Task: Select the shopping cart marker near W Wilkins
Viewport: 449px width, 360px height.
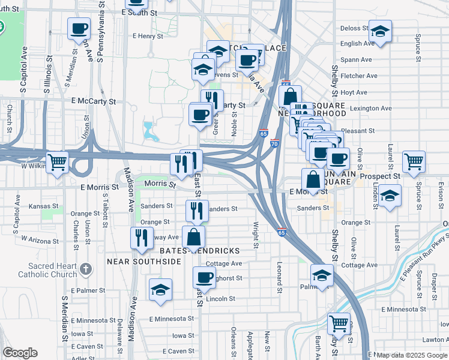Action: click(58, 162)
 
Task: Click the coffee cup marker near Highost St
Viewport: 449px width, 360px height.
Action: click(204, 278)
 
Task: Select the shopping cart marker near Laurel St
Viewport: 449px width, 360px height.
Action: click(414, 161)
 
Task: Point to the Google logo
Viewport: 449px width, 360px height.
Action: click(20, 353)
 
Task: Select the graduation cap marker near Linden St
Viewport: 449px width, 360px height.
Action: click(390, 197)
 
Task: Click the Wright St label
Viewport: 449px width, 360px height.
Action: click(255, 235)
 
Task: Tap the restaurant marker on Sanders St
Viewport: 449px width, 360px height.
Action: click(197, 211)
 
